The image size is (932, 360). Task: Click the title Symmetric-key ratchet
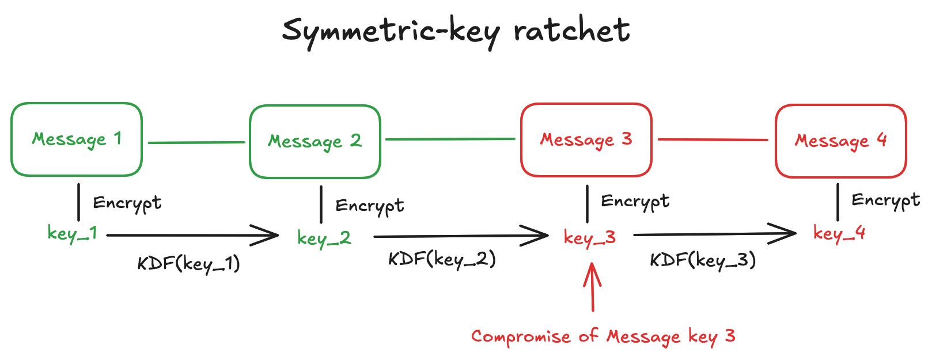[456, 31]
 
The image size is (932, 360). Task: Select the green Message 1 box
[77, 139]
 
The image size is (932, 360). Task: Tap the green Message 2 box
[315, 142]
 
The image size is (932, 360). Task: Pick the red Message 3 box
[586, 140]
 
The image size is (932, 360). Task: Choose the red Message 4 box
[841, 141]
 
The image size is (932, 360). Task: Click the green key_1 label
[72, 233]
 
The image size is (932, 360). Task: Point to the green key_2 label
[324, 238]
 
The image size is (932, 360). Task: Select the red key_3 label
[590, 237]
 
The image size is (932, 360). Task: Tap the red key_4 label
[839, 233]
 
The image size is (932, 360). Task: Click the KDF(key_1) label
[188, 264]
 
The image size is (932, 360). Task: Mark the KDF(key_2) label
[442, 259]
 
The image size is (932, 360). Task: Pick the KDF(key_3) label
[703, 260]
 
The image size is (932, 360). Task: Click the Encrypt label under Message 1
[127, 203]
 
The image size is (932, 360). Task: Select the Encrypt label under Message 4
[885, 200]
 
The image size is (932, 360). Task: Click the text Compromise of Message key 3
[603, 336]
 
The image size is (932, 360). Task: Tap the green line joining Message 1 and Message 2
[196, 142]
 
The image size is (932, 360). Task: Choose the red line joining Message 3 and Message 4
[713, 139]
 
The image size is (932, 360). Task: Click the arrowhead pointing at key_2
[271, 235]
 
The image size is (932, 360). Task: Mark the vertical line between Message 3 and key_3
[587, 204]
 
